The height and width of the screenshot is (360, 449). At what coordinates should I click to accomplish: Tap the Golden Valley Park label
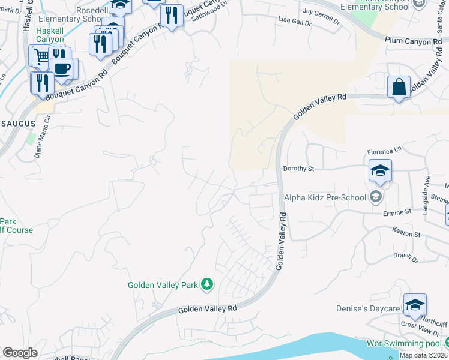[163, 285]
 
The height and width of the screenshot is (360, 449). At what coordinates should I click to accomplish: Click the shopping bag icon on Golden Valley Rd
[399, 88]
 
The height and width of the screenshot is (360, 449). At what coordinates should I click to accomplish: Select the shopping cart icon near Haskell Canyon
[40, 57]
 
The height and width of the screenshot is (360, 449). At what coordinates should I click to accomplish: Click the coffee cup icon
[63, 68]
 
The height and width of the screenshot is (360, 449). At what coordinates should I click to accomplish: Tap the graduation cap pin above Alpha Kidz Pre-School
[380, 171]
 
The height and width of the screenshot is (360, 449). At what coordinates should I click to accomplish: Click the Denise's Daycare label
[367, 308]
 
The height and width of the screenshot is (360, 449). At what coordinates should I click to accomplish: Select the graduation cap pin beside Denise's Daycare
[415, 305]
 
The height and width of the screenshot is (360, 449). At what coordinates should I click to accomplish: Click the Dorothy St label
[298, 169]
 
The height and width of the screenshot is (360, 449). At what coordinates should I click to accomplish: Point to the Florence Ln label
[384, 152]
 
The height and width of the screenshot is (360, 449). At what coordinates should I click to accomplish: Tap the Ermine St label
[397, 212]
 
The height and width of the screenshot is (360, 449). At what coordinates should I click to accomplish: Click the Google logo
[20, 352]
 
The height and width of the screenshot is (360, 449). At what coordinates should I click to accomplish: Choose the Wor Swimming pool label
[405, 343]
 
